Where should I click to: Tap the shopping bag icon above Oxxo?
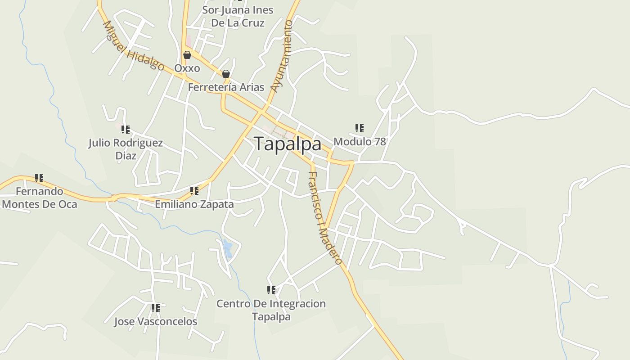coord(187,55)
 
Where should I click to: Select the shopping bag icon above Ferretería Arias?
coord(226,74)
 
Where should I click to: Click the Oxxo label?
coord(187,68)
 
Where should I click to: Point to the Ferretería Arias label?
coord(226,87)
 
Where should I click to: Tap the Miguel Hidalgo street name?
coord(133,46)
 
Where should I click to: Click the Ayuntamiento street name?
coord(282,56)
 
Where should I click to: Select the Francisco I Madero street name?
coord(325,218)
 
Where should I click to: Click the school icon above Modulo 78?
coord(359,128)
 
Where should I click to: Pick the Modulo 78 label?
coord(360,141)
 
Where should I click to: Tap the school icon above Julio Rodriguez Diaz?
coord(126,130)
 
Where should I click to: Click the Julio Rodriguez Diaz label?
coord(126,149)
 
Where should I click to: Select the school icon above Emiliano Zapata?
coord(194,191)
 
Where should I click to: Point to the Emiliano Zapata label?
coord(194,204)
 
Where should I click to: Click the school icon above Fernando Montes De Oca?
coord(40,178)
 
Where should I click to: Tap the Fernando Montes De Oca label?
coord(40,198)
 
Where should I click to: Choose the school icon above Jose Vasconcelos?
coord(156,308)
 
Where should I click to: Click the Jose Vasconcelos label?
coord(155,322)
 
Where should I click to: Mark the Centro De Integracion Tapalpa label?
coord(271,310)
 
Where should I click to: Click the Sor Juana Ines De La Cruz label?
coord(238,16)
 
